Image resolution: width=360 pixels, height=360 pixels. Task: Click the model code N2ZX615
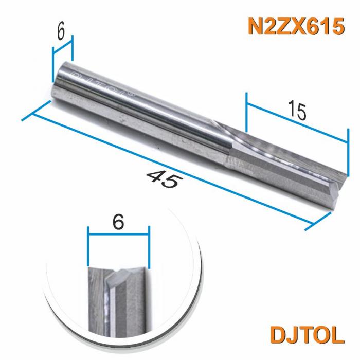click(295, 26)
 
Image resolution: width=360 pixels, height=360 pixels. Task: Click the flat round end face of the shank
click(57, 82)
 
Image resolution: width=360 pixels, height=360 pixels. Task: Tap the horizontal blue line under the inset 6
click(118, 234)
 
